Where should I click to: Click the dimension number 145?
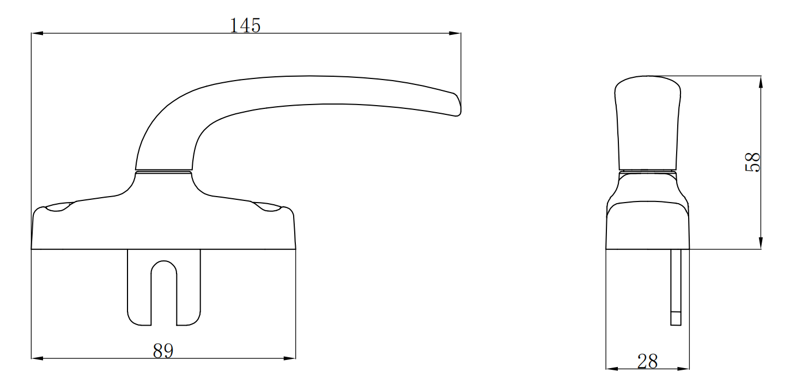[245, 26]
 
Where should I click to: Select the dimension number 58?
[752, 162]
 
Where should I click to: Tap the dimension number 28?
[647, 361]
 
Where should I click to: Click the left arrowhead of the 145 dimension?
[38, 34]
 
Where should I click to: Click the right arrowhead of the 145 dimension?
[455, 34]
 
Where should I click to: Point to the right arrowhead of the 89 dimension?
[289, 358]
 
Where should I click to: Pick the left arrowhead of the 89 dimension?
[38, 358]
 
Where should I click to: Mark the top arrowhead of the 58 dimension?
[761, 82]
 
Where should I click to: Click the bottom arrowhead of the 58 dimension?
[761, 243]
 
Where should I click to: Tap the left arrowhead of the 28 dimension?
[612, 369]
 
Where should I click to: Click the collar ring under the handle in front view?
[163, 172]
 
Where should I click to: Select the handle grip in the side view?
[648, 123]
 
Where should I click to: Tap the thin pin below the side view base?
[676, 286]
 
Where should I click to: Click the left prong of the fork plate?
[139, 289]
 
